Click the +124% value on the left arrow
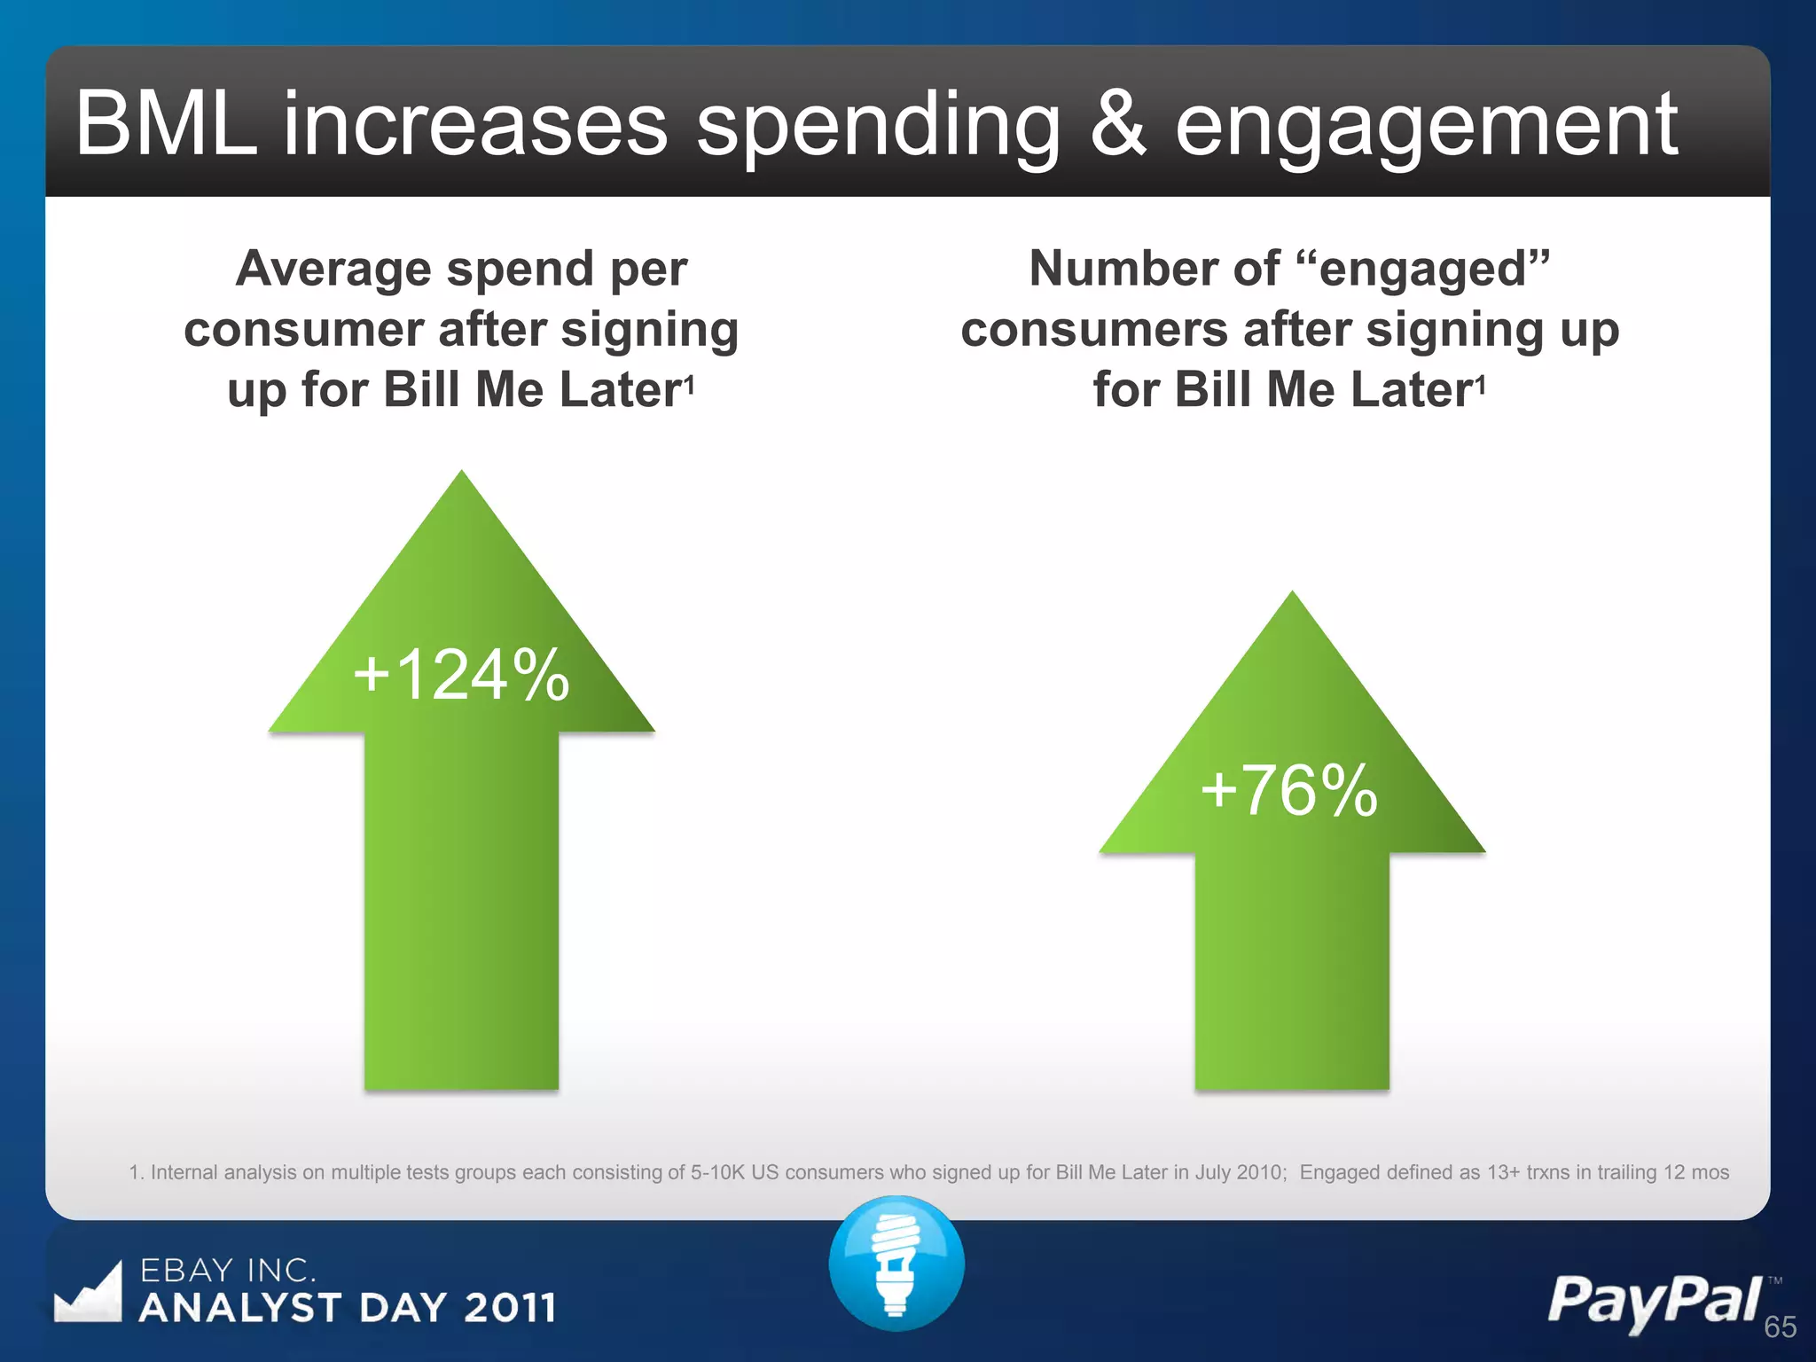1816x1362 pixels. pyautogui.click(x=461, y=675)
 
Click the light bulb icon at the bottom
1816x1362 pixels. pyautogui.click(x=896, y=1263)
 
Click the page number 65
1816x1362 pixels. pyautogui.click(x=1780, y=1327)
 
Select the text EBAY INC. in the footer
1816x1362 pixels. pyautogui.click(x=228, y=1270)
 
